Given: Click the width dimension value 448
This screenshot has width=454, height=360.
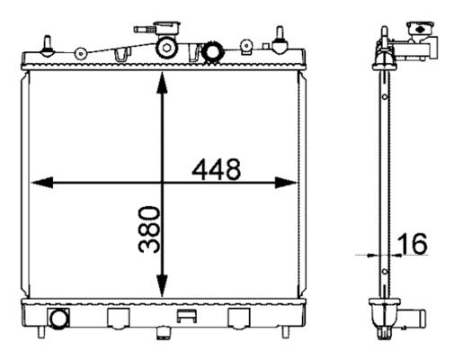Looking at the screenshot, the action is [216, 169].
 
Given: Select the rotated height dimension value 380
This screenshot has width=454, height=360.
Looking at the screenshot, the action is [149, 229].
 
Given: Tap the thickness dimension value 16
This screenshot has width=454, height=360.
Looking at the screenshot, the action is [413, 244].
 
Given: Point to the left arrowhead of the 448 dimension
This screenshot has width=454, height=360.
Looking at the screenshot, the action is [42, 183].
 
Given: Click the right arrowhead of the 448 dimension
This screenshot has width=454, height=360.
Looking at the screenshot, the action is [286, 183].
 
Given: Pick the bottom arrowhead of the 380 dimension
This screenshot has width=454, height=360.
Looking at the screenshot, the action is [162, 286].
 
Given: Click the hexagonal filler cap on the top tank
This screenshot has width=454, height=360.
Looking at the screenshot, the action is [166, 48].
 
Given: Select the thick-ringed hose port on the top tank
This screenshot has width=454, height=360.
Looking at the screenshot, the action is [213, 52].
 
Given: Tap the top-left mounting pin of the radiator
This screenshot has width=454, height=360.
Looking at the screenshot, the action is [48, 46].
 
